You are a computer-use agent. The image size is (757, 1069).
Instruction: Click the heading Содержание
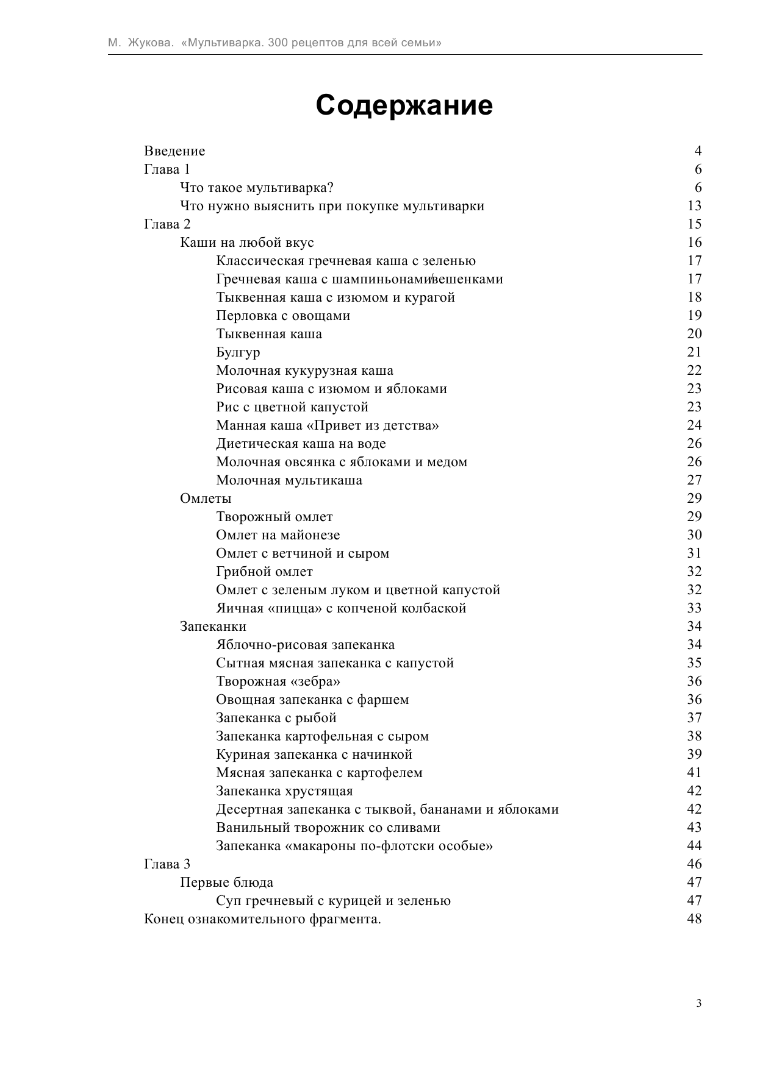point(404,105)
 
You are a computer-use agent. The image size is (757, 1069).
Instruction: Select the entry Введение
point(174,151)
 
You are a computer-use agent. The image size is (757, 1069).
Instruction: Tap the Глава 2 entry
point(167,224)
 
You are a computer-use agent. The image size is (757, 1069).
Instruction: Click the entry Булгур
point(238,352)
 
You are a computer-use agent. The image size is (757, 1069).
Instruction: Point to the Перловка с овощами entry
point(283,316)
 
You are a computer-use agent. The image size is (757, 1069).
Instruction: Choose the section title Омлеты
point(206,499)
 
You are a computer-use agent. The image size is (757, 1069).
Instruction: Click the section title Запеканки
point(213,627)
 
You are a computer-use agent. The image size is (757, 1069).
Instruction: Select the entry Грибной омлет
point(264,572)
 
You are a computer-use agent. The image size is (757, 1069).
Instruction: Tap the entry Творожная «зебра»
point(278,681)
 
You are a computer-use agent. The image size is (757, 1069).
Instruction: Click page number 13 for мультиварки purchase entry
point(694,206)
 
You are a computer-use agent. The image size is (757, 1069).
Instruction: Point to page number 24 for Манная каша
point(694,425)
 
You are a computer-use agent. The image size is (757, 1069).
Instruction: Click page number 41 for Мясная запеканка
point(694,773)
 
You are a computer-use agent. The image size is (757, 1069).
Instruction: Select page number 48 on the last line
point(694,919)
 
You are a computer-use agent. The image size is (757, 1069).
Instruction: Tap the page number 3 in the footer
point(699,1003)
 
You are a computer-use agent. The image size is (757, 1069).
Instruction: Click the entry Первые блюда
point(226,883)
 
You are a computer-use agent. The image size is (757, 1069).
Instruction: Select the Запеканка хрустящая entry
point(284,791)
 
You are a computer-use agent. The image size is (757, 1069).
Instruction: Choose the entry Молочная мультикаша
point(289,480)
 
